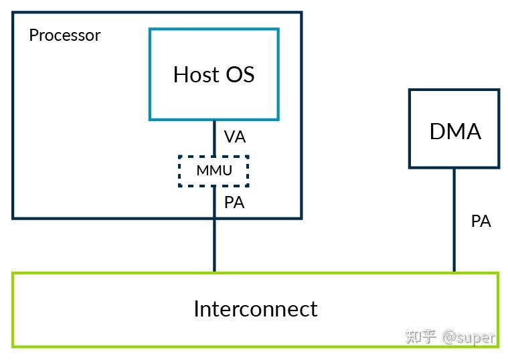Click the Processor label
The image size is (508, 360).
pyautogui.click(x=64, y=35)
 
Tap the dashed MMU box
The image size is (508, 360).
pyautogui.click(x=214, y=171)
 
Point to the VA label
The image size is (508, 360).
pyautogui.click(x=235, y=137)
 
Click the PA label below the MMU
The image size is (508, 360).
pyautogui.click(x=234, y=203)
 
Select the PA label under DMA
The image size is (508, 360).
pyautogui.click(x=481, y=221)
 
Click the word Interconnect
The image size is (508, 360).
pyautogui.click(x=255, y=309)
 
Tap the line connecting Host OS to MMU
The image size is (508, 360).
pyautogui.click(x=214, y=138)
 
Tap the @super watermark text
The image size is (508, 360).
pyautogui.click(x=469, y=337)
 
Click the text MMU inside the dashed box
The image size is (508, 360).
pyautogui.click(x=214, y=171)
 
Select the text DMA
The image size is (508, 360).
pyautogui.click(x=455, y=132)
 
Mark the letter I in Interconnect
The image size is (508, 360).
pyautogui.click(x=196, y=309)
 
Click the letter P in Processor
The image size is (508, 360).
pyautogui.click(x=33, y=35)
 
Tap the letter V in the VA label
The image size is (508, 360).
pyautogui.click(x=230, y=137)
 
